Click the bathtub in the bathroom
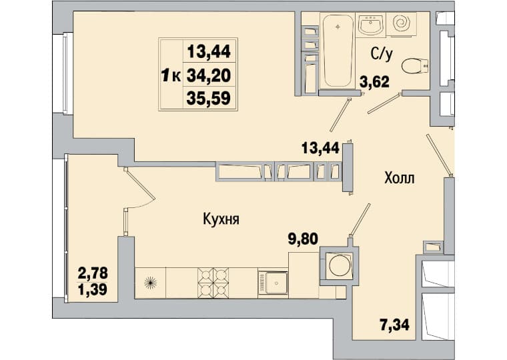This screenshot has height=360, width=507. pyautogui.click(x=338, y=51)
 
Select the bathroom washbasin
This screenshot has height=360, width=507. pyautogui.click(x=371, y=23)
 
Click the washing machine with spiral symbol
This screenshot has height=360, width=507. pyautogui.click(x=402, y=23)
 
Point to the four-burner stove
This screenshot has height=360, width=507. pyautogui.click(x=213, y=283)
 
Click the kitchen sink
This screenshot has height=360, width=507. pyautogui.click(x=273, y=283)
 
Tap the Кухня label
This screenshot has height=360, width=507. pyautogui.click(x=221, y=220)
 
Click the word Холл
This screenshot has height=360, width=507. pyautogui.click(x=400, y=178)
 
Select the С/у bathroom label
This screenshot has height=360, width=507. pyautogui.click(x=382, y=54)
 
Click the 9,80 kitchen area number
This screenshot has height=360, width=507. pyautogui.click(x=303, y=239)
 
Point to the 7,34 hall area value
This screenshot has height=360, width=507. pyautogui.click(x=395, y=325)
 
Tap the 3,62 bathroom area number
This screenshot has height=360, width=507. pyautogui.click(x=375, y=82)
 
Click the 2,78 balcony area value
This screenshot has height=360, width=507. pyautogui.click(x=93, y=274)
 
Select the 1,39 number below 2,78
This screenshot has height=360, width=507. pyautogui.click(x=93, y=289)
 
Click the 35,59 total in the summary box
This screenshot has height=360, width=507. pyautogui.click(x=209, y=98)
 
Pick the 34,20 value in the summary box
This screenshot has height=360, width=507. pyautogui.click(x=209, y=75)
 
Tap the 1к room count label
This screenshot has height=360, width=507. pyautogui.click(x=171, y=77)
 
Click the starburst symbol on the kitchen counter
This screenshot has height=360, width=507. pyautogui.click(x=150, y=283)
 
